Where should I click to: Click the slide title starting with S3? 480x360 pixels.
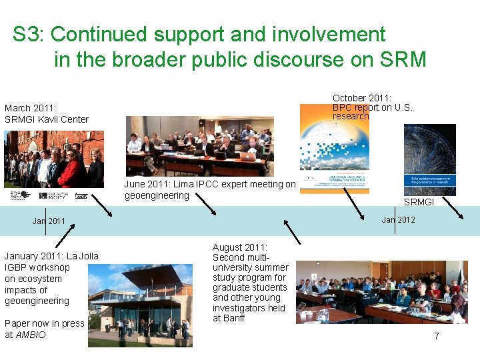click(x=219, y=47)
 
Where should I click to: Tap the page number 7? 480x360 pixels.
click(x=436, y=336)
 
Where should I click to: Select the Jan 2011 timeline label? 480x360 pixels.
click(x=49, y=221)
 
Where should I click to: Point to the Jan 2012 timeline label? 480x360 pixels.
click(x=398, y=219)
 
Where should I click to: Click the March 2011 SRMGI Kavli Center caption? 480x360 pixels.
click(x=47, y=113)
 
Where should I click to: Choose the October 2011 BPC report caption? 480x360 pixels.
click(x=372, y=107)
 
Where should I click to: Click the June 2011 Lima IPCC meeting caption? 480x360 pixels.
click(x=209, y=189)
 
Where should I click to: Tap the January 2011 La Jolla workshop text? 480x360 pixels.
click(x=51, y=279)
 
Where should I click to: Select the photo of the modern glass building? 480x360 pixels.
click(x=140, y=306)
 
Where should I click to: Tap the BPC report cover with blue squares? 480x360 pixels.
click(x=334, y=157)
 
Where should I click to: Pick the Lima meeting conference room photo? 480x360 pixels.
click(x=200, y=146)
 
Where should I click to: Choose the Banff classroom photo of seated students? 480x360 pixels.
click(x=381, y=291)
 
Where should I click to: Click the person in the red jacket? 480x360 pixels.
click(x=69, y=170)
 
